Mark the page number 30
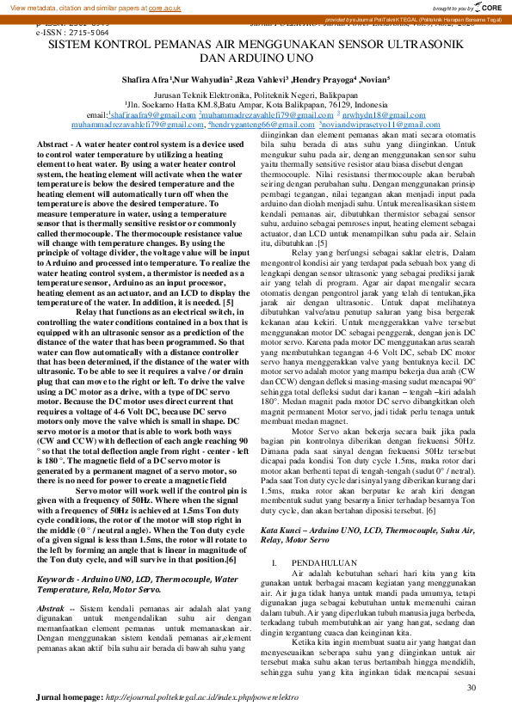tap(471, 688)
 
